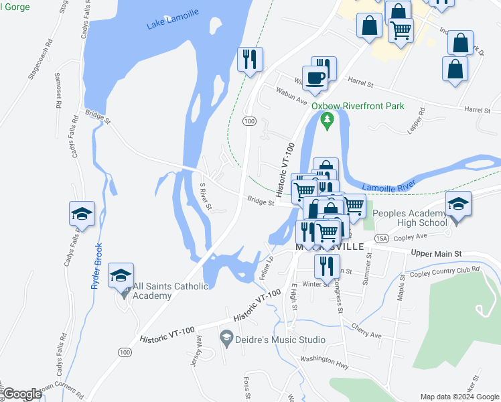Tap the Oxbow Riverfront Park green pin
tap(327, 121)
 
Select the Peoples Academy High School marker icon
tap(458, 204)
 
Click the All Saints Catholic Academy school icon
tap(121, 276)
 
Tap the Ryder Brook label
tap(96, 265)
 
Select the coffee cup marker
tap(315, 78)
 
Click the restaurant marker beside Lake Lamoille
tap(250, 59)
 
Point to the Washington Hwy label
tap(325, 360)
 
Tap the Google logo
tap(23, 395)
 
